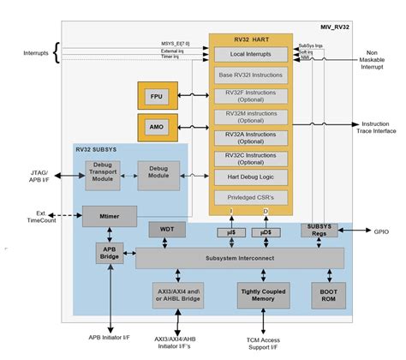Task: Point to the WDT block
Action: pos(167,230)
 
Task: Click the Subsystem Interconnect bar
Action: pos(240,257)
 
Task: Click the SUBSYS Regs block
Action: pos(319,230)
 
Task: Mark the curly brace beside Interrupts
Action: pos(57,53)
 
